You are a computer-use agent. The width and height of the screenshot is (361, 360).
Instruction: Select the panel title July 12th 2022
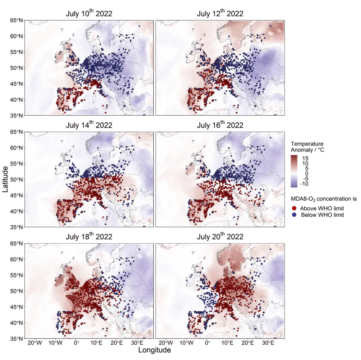pyautogui.click(x=220, y=14)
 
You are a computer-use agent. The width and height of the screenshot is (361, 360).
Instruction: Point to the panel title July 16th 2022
pyautogui.click(x=220, y=125)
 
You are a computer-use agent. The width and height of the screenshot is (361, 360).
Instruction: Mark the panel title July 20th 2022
pyautogui.click(x=220, y=237)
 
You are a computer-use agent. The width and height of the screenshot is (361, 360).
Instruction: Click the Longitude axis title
pyautogui.click(x=154, y=350)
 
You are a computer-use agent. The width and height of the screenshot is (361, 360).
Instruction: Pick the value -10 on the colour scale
pyautogui.click(x=305, y=184)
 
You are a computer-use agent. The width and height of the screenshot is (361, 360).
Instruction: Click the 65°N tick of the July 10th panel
pyautogui.click(x=17, y=20)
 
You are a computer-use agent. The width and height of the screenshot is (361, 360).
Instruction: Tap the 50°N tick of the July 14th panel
pyautogui.click(x=17, y=179)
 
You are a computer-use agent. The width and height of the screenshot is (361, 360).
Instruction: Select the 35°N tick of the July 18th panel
pyautogui.click(x=17, y=338)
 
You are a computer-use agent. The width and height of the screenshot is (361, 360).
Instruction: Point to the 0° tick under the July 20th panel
pyautogui.click(x=207, y=342)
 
